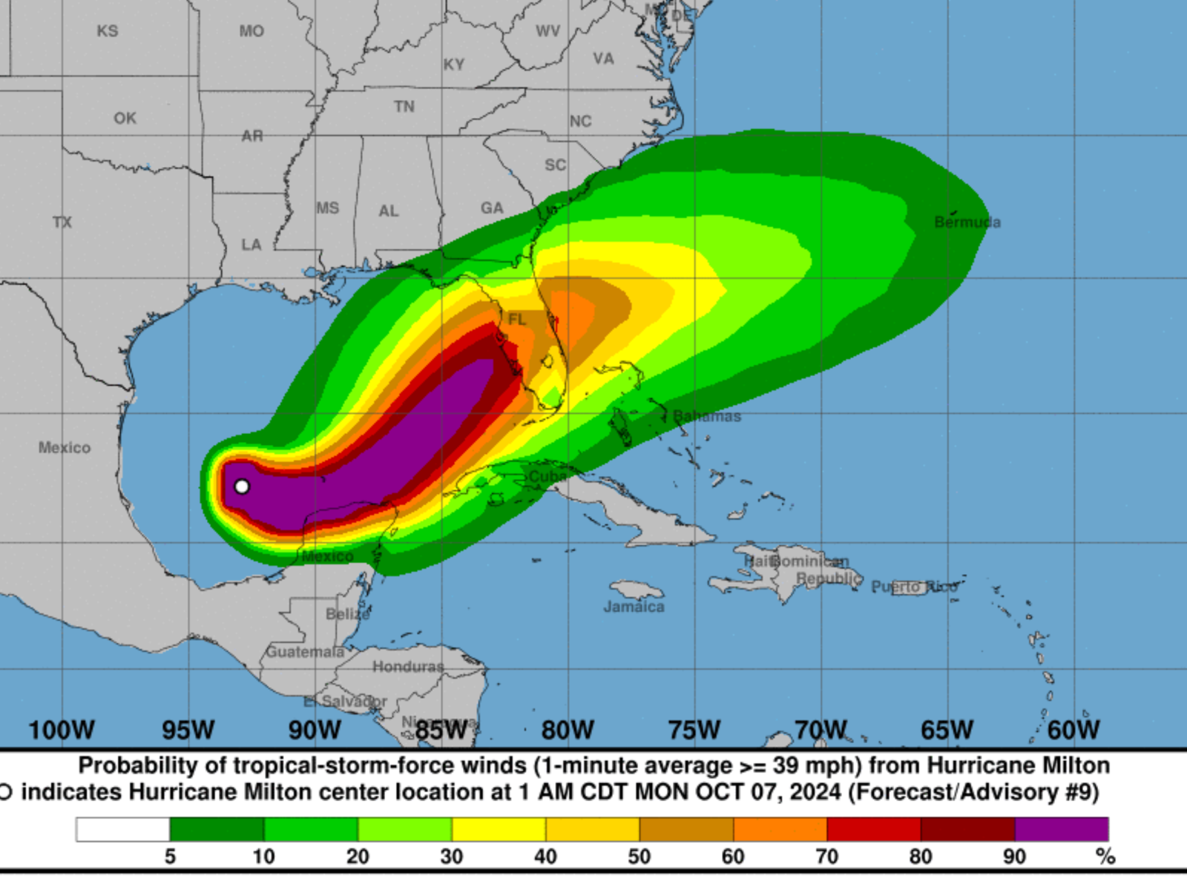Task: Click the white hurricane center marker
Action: click(242, 487)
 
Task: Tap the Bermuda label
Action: click(967, 222)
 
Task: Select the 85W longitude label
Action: click(441, 730)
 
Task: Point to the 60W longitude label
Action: click(1073, 730)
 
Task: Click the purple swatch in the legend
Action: click(1061, 829)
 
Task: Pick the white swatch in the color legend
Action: click(122, 829)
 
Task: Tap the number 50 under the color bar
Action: click(639, 857)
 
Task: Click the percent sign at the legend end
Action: click(1105, 857)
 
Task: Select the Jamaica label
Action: click(634, 607)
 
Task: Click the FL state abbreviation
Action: click(517, 319)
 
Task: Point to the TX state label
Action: click(62, 222)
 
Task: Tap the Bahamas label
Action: click(707, 416)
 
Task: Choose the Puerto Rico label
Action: click(914, 587)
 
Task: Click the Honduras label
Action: click(408, 667)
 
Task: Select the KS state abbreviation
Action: click(108, 31)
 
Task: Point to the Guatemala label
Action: click(305, 652)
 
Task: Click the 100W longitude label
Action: click(62, 730)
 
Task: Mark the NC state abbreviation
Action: click(580, 121)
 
